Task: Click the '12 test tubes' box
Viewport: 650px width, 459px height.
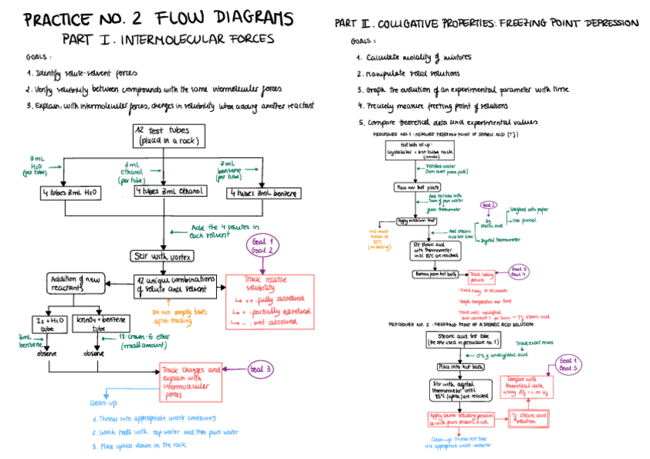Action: (170, 135)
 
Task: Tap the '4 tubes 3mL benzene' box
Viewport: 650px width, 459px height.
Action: (261, 193)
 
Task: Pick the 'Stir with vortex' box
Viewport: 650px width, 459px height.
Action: (162, 256)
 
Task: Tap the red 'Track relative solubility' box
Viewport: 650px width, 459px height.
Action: (268, 301)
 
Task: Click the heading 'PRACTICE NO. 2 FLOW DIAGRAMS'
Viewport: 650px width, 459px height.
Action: (158, 18)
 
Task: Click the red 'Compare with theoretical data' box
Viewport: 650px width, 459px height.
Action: (525, 388)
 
